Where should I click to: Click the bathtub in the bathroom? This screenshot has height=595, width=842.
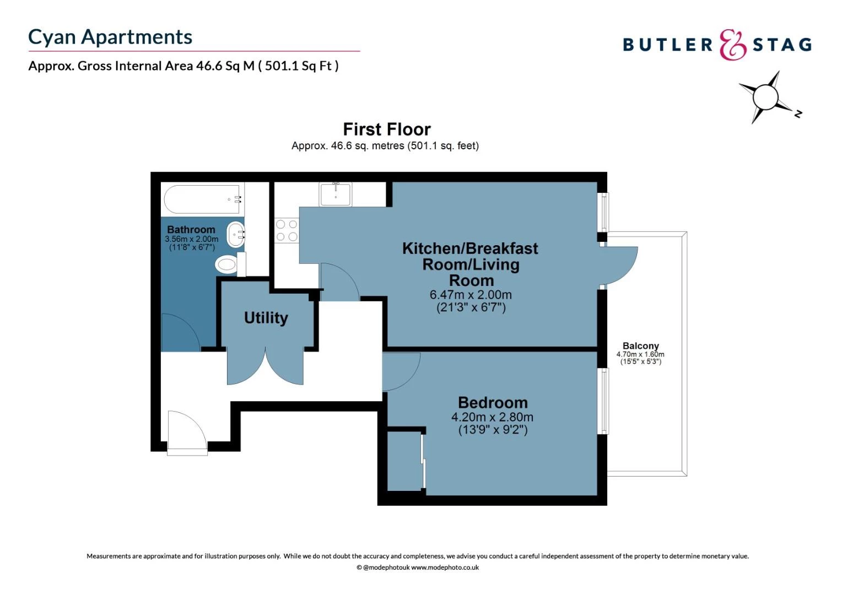[202, 199]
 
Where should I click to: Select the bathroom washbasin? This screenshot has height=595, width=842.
[236, 235]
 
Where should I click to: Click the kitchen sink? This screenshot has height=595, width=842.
[335, 194]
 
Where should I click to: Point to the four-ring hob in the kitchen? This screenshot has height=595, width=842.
[287, 230]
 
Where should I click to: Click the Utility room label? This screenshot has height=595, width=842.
[266, 318]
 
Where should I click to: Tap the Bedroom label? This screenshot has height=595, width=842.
[493, 403]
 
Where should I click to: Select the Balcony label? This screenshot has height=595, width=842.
[640, 346]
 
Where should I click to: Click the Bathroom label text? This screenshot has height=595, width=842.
[191, 230]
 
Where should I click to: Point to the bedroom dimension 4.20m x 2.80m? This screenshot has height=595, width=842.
[492, 417]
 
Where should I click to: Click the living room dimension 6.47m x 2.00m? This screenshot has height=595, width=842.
[471, 295]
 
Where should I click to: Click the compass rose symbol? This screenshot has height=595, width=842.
[765, 97]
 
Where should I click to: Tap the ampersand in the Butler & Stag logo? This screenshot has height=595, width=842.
[732, 45]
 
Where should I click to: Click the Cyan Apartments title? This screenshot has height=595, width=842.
[110, 37]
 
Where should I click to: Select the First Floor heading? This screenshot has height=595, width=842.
[386, 129]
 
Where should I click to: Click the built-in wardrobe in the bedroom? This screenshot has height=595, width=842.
[404, 461]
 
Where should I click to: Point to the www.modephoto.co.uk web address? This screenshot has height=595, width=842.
[445, 567]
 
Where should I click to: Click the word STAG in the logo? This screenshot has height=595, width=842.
[782, 45]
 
